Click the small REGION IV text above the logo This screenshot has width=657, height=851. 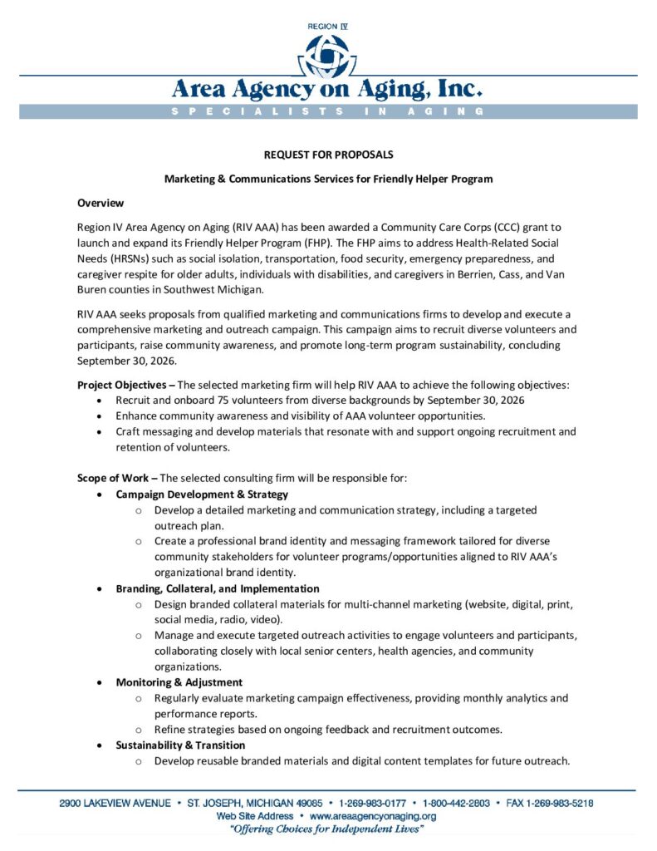[327, 27]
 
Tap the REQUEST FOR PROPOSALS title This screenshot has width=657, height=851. [328, 155]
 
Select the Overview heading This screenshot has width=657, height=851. [101, 203]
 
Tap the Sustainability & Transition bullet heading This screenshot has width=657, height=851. [180, 745]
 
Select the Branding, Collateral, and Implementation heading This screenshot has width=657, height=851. [218, 588]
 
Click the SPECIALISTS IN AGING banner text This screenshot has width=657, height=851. [327, 111]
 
